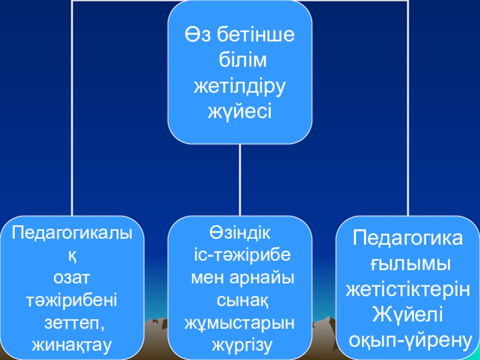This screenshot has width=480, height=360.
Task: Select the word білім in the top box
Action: pyautogui.click(x=240, y=61)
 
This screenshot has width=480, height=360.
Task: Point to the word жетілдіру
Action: pyautogui.click(x=240, y=86)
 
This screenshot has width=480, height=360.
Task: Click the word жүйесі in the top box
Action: pyautogui.click(x=240, y=111)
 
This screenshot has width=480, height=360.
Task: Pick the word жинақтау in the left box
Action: pyautogui.click(x=71, y=345)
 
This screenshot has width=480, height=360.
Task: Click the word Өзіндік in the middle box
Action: pyautogui.click(x=240, y=232)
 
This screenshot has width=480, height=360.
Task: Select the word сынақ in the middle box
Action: pyautogui.click(x=240, y=299)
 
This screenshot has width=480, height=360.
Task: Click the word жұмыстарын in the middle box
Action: pyautogui.click(x=240, y=322)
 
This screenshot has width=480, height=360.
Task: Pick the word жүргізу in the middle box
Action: pyautogui.click(x=240, y=345)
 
